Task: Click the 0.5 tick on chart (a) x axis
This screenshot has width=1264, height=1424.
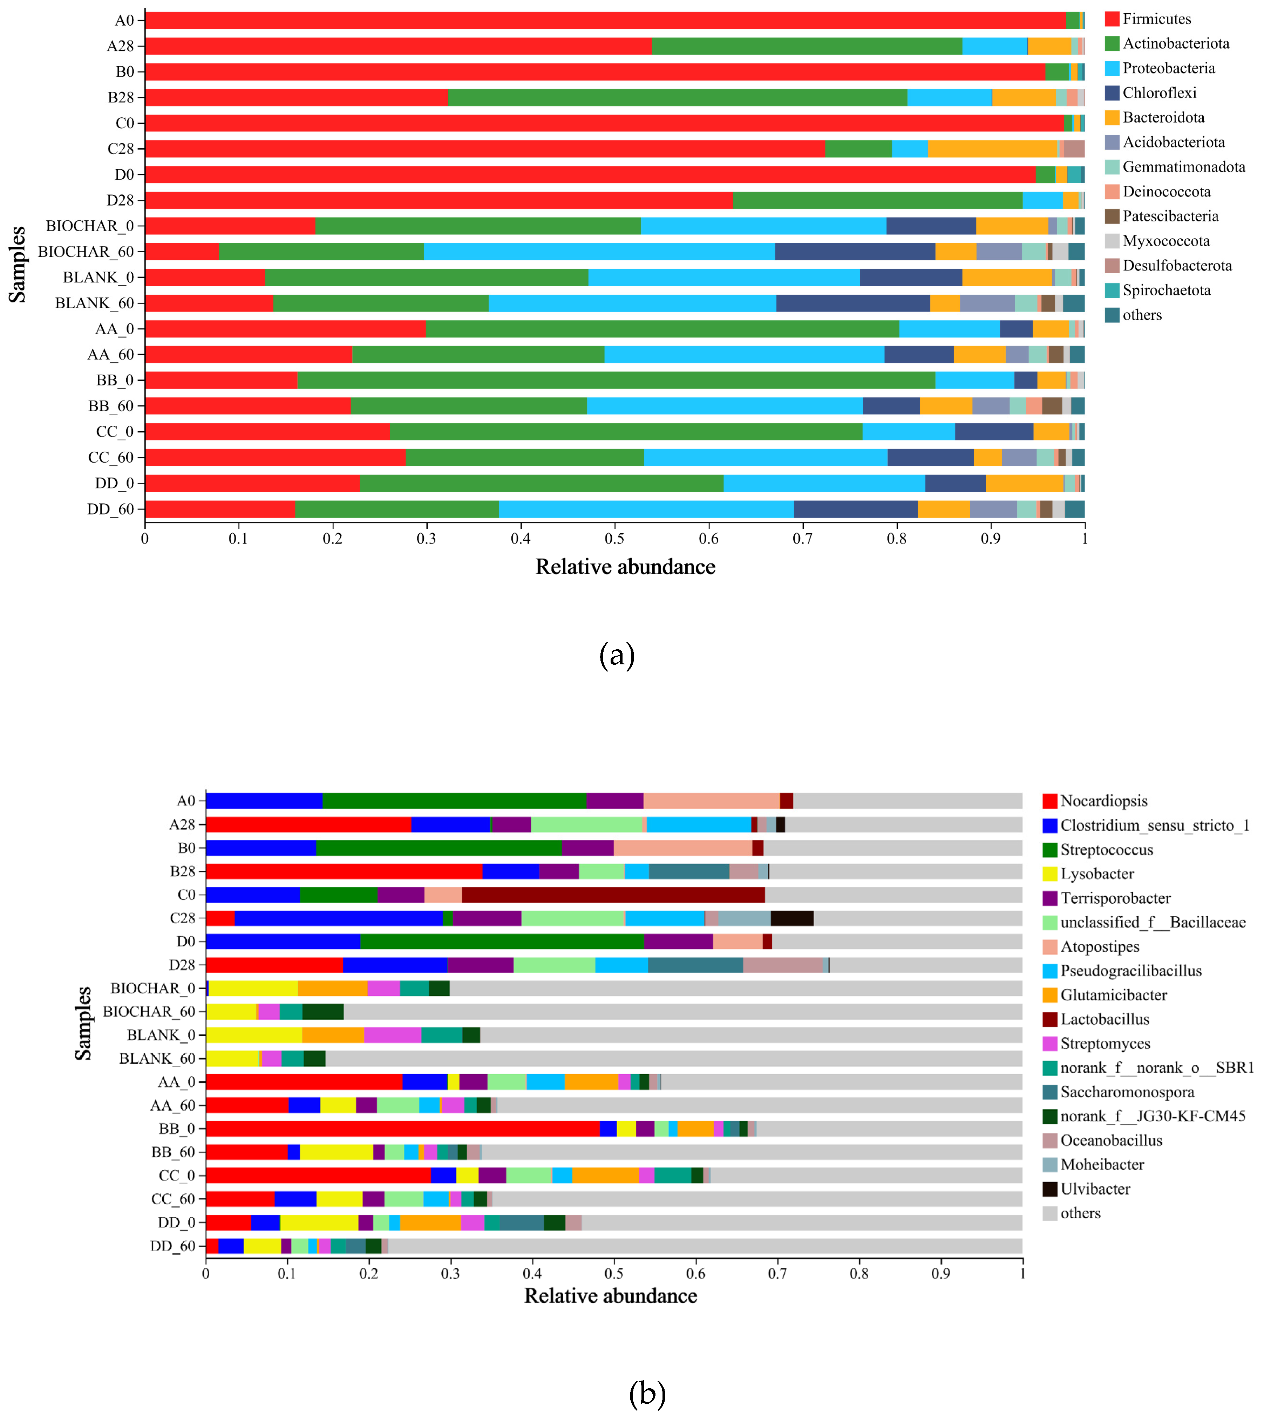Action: pos(614,539)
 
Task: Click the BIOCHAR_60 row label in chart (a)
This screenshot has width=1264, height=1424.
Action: pos(86,252)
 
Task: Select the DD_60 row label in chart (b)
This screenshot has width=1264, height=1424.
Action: pos(173,1246)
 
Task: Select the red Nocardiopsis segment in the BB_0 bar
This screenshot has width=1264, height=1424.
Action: pos(403,1129)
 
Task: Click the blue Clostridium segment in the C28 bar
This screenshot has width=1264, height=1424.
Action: pos(339,918)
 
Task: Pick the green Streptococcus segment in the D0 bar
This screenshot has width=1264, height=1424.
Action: pos(502,942)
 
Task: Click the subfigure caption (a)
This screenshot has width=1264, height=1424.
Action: pos(617,656)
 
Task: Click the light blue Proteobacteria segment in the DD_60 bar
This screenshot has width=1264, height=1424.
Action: pos(646,509)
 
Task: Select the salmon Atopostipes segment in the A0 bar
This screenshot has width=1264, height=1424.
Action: pos(712,801)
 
